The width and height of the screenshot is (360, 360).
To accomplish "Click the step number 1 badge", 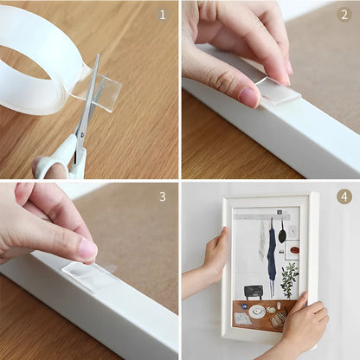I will [x=163, y=15].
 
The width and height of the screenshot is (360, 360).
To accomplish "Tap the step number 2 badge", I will [x=343, y=15].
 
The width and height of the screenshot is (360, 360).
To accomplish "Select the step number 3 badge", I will [x=163, y=196].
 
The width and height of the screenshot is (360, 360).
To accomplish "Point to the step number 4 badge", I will [x=343, y=196].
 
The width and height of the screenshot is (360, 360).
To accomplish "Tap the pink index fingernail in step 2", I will [x=250, y=96].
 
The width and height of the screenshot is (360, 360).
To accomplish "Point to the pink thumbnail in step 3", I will [x=87, y=250].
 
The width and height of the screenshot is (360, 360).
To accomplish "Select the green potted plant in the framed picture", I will [x=288, y=279].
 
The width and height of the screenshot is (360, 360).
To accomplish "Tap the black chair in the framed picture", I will [x=254, y=291].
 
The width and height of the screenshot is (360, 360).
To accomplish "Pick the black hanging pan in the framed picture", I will [x=283, y=234].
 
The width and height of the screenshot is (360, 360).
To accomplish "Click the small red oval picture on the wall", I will [x=294, y=247].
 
